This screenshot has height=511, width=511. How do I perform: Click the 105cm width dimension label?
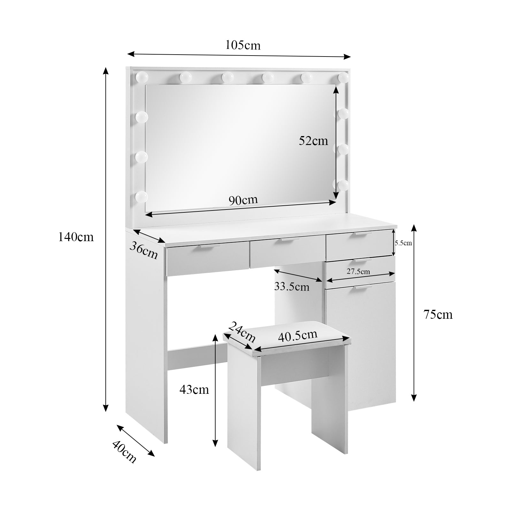tap(243, 45)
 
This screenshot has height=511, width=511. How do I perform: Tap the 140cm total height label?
tap(76, 237)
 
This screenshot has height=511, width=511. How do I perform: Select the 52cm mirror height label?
tap(313, 141)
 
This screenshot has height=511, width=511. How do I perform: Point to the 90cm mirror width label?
tap(243, 200)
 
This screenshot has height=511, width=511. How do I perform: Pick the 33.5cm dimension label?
tap(292, 287)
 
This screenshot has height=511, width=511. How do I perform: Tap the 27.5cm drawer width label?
tap(358, 271)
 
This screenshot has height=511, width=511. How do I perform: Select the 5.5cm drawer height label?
tap(403, 243)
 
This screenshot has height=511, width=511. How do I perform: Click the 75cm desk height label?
tap(438, 315)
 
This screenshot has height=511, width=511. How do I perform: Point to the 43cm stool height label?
tap(194, 390)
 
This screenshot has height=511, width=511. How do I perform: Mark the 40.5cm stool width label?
tap(298, 335)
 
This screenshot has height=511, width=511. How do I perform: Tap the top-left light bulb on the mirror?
tap(142, 78)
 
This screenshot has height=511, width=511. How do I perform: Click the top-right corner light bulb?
tap(343, 77)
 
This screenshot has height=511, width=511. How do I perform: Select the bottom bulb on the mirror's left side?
tap(141, 197)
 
